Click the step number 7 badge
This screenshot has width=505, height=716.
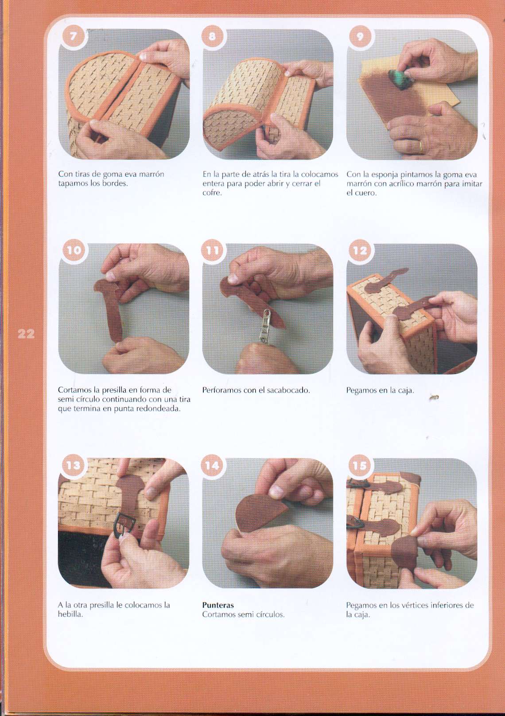point(74,37)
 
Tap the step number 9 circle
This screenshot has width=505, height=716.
point(360,37)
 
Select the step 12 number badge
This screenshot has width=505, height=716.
point(360,250)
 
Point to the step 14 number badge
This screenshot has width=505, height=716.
point(212,465)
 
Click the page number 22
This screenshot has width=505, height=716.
point(26,334)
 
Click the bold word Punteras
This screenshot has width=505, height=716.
point(218,605)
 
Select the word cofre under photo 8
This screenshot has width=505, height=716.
point(212,193)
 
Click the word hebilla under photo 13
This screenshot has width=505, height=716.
point(70,614)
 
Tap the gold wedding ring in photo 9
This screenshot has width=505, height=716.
point(421,147)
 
